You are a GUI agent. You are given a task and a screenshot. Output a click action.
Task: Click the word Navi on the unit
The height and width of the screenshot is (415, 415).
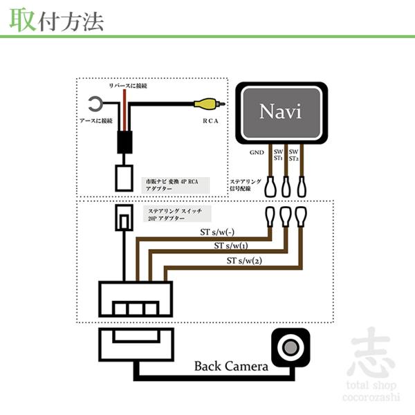pos(282,111)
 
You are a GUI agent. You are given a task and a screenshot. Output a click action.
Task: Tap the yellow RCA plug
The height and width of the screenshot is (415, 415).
pos(205,105)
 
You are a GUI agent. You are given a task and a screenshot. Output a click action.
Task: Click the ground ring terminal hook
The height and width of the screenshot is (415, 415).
pos(94,105)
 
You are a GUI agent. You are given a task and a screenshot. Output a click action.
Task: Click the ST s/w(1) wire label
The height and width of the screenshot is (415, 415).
pos(232,247)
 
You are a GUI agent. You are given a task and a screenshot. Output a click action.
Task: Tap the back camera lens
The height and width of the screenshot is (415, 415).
pos(290,346)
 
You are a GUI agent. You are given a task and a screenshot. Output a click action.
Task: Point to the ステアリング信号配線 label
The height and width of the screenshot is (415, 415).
pos(245,187)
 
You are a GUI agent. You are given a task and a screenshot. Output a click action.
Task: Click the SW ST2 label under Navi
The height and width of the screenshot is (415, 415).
pos(293,154)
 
